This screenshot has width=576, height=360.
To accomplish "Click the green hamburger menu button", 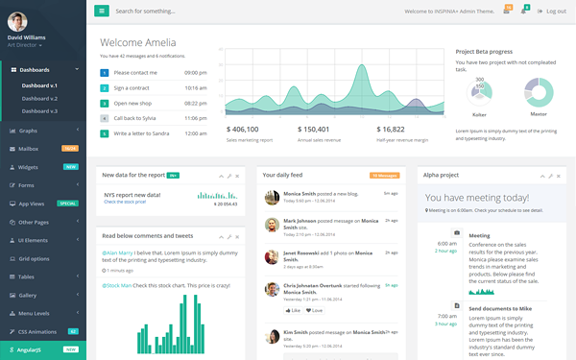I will (x=102, y=11).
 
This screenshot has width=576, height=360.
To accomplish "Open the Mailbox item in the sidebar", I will (x=28, y=149).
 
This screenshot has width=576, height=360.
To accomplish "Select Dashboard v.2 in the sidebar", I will (x=39, y=98).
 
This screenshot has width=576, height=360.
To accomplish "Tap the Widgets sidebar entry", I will (x=28, y=167).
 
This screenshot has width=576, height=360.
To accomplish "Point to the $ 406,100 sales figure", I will (x=243, y=129).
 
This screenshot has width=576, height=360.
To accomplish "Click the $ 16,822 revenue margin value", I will (x=391, y=129).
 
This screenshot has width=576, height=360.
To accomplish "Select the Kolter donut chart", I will (x=479, y=93).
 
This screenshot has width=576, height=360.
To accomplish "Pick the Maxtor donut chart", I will (x=538, y=93).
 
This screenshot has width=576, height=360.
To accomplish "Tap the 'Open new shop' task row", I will (x=134, y=103).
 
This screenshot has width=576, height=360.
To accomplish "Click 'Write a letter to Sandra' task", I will (x=141, y=133).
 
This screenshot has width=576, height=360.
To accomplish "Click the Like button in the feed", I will (x=293, y=310).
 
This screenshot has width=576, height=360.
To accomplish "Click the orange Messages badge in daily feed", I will (x=384, y=176).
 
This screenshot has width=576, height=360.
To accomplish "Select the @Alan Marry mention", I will (x=118, y=252).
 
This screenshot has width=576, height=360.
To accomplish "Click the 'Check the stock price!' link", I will (x=126, y=202).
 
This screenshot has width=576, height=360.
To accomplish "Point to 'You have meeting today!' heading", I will (x=477, y=198).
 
